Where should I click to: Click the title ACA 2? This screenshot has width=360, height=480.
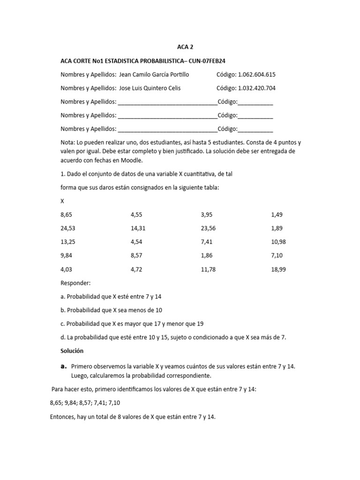click(x=185, y=47)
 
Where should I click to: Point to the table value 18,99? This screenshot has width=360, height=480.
click(x=278, y=269)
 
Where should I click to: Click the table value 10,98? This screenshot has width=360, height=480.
click(x=278, y=242)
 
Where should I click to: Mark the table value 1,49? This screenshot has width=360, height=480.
click(x=277, y=215)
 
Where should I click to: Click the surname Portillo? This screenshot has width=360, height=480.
click(x=178, y=75)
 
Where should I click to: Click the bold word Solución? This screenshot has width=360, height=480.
click(x=72, y=351)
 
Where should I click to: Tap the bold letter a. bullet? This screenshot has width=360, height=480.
click(x=64, y=366)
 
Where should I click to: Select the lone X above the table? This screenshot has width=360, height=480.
click(x=63, y=201)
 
